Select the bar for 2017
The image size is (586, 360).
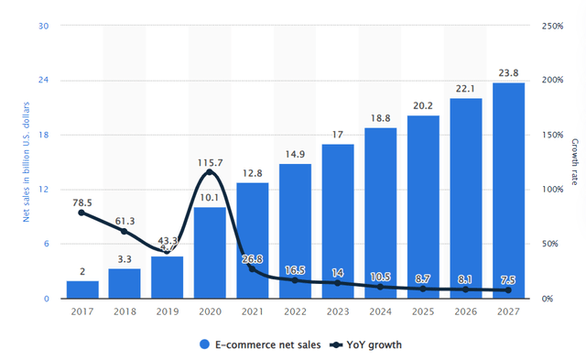pos(81,289)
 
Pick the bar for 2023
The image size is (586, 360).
pos(338,221)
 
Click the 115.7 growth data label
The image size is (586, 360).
pos(210,162)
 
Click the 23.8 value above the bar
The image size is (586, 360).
pos(508,73)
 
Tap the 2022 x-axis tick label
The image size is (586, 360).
pos(295,313)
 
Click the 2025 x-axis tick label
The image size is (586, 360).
pos(423,313)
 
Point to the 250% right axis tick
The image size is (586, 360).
pos(552,26)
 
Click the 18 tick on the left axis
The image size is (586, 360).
pos(43,135)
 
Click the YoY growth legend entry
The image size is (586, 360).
pos(363,345)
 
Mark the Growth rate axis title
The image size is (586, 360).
pos(575,161)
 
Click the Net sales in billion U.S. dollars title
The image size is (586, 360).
pos(27,162)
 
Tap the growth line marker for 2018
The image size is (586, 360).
pos(125,231)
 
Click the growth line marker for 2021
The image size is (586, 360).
pos(252,268)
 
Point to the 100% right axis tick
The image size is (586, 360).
pos(552,190)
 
